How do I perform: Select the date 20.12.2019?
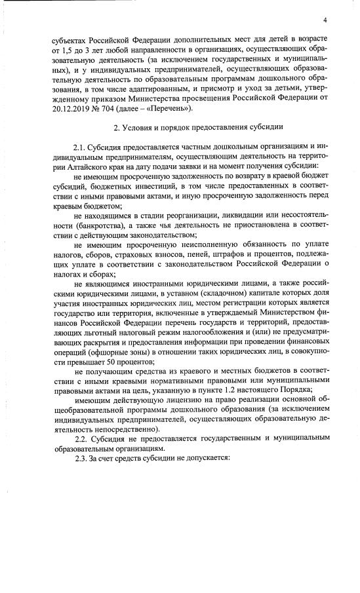point(60,108)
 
